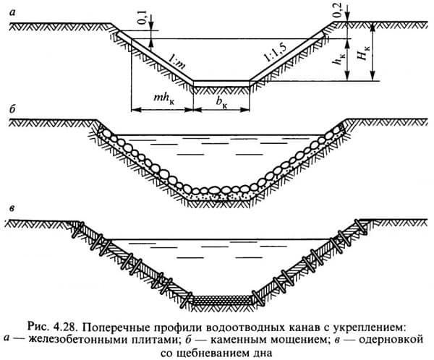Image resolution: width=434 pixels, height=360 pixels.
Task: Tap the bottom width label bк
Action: [223, 103]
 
